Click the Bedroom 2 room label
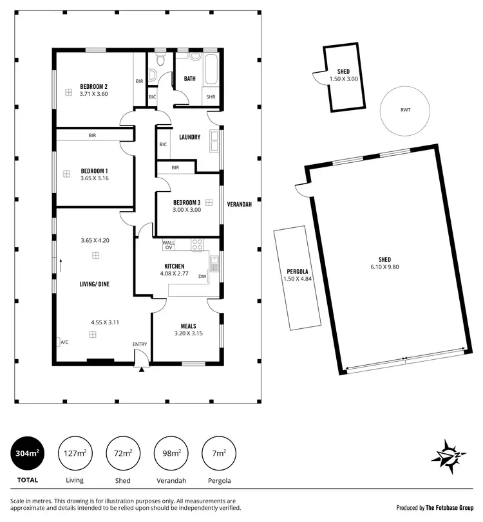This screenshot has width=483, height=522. coord(93,86)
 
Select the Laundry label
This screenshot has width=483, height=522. coord(190,137)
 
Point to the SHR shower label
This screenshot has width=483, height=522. coord(211,97)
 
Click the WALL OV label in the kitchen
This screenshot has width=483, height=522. coord(169,245)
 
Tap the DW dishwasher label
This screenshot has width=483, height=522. coord(202,277)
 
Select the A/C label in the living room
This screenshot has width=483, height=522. coord(64,342)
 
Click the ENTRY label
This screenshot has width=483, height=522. coord(140,344)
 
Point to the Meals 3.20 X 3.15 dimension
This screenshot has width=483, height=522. coord(188,333)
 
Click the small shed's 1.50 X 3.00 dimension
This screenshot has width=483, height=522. coord(343,79)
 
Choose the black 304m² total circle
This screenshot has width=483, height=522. coord(27,454)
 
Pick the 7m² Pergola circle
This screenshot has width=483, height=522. coord(219,454)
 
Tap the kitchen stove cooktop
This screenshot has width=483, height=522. coord(198,245)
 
